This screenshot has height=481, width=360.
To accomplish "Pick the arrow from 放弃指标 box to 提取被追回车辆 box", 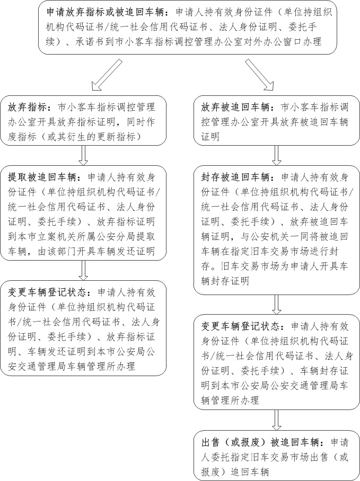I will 83,155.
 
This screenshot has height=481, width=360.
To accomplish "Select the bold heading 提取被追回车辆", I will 42,177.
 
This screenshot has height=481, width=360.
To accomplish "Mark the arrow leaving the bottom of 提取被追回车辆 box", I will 83,270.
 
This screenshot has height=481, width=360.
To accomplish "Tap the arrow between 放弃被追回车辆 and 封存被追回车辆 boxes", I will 276,155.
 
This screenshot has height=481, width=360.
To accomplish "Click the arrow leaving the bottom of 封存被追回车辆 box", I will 276,304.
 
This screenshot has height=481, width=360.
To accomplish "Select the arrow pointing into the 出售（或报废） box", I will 276,420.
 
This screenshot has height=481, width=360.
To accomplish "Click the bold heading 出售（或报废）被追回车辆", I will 260,441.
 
